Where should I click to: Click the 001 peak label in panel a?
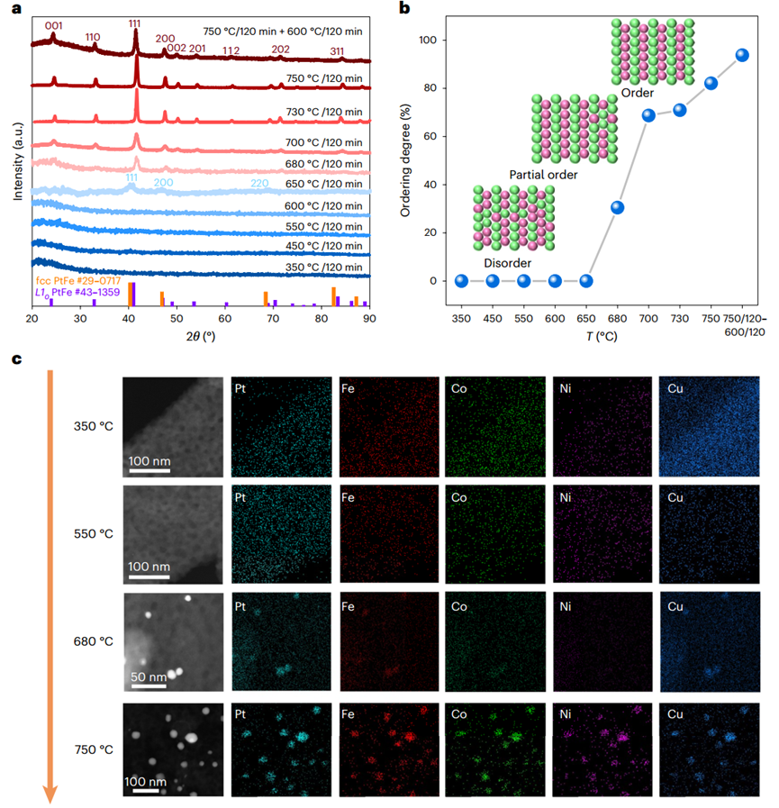click(53, 26)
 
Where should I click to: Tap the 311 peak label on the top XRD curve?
click(337, 50)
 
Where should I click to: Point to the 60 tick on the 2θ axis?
click(225, 319)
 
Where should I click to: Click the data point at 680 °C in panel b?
click(618, 208)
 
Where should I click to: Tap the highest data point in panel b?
click(743, 55)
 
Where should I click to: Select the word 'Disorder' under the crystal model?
click(507, 262)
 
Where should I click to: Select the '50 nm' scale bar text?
click(148, 676)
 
